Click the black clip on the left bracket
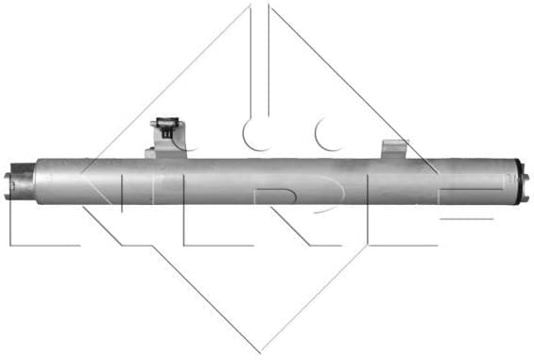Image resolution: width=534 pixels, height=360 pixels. [166, 127]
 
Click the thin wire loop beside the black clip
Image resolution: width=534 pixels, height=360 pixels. [185, 140]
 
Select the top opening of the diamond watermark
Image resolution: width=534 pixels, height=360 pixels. [261, 8]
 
